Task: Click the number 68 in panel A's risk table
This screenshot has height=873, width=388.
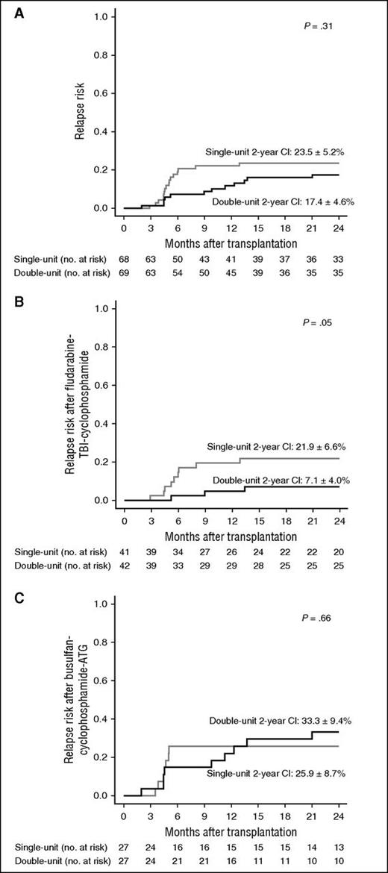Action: tap(125, 256)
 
